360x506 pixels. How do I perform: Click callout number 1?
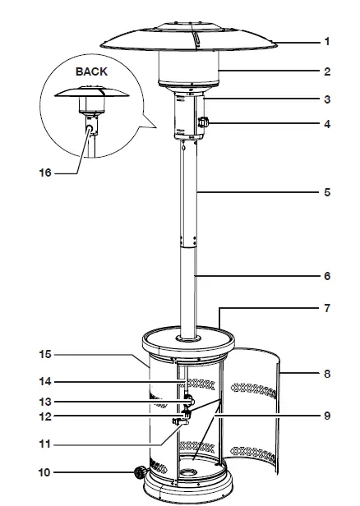click(326, 41)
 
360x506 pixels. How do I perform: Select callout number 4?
click(326, 126)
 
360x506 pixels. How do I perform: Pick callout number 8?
click(326, 374)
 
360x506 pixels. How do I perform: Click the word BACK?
click(91, 72)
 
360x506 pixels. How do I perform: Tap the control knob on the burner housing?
click(202, 124)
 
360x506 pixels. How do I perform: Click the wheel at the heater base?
click(141, 474)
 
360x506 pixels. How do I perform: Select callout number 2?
click(326, 71)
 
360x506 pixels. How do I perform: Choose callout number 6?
click(326, 276)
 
